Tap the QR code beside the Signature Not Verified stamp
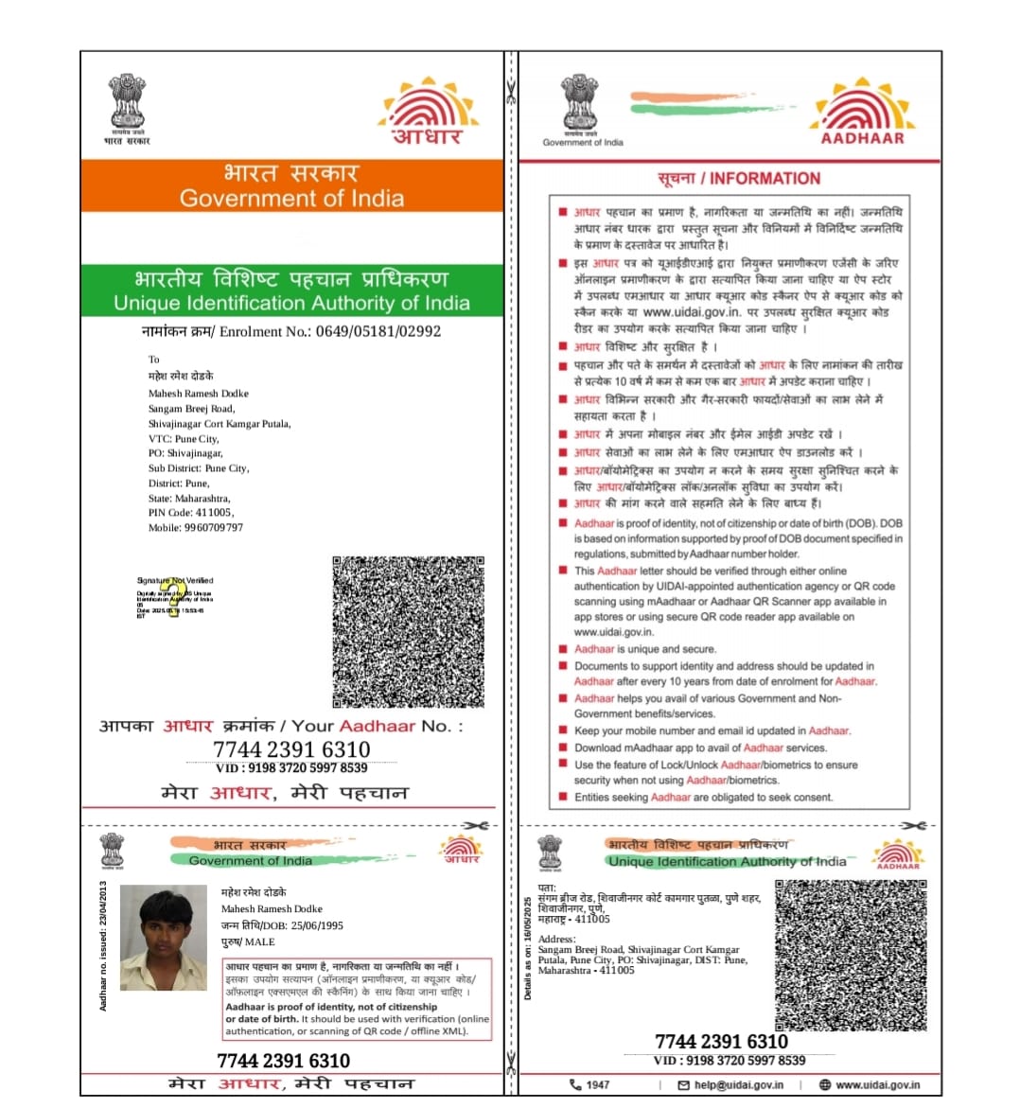(408, 632)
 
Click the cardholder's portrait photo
(164, 938)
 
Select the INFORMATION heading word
(765, 179)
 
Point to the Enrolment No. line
(290, 331)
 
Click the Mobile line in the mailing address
(195, 528)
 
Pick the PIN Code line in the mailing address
(190, 513)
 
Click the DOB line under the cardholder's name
(282, 925)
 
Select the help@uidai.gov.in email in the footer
(738, 1085)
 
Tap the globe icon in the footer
(824, 1085)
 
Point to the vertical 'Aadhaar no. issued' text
(103, 946)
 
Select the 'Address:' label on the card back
(556, 939)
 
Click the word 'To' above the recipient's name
(154, 360)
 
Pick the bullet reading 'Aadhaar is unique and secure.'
(644, 649)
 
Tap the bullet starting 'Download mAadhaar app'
(699, 747)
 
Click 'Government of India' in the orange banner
(291, 199)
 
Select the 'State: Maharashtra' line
(188, 498)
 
